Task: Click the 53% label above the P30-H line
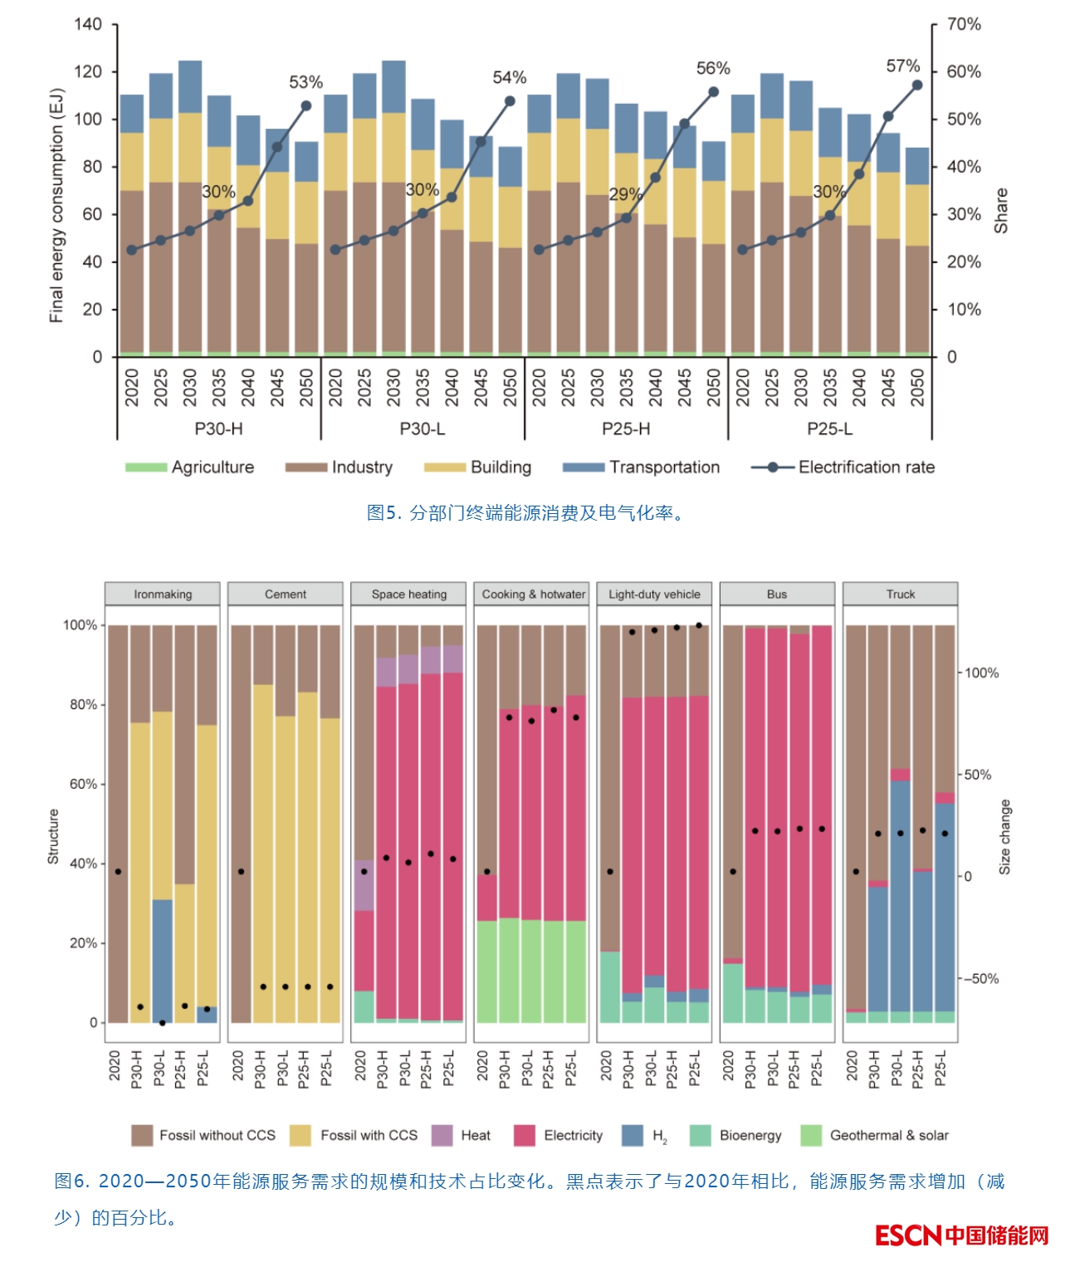pyautogui.click(x=305, y=82)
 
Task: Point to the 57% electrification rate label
pyautogui.click(x=903, y=66)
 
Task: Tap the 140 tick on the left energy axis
pyautogui.click(x=88, y=24)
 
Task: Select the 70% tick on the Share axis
pyautogui.click(x=964, y=24)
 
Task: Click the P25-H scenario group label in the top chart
pyautogui.click(x=626, y=428)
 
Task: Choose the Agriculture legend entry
pyautogui.click(x=190, y=467)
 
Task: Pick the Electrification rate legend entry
pyautogui.click(x=843, y=467)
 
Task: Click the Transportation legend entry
pyautogui.click(x=641, y=467)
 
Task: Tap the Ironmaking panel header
pyautogui.click(x=163, y=594)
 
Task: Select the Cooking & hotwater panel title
pyautogui.click(x=533, y=594)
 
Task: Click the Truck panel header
pyautogui.click(x=900, y=594)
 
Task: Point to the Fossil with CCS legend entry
pyautogui.click(x=354, y=1135)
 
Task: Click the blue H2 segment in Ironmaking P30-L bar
pyautogui.click(x=163, y=955)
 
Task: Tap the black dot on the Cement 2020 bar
pyautogui.click(x=241, y=872)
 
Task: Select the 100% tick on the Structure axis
pyautogui.click(x=80, y=625)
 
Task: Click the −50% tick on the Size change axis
pyautogui.click(x=981, y=979)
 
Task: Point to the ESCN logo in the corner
pyautogui.click(x=962, y=1235)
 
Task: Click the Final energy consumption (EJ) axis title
pyautogui.click(x=56, y=205)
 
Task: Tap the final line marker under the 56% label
pyautogui.click(x=713, y=92)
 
